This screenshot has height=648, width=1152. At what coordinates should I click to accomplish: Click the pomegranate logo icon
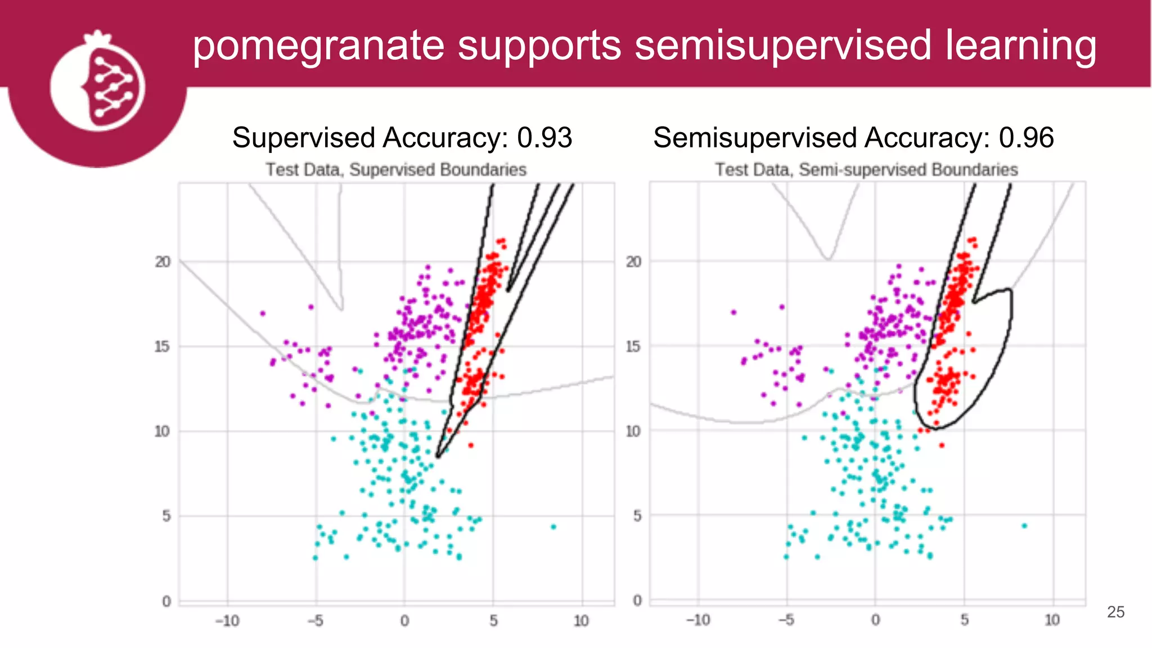(x=97, y=84)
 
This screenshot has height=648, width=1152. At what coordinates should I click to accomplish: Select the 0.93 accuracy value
(x=544, y=138)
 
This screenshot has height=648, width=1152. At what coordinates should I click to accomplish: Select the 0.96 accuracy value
(x=1026, y=138)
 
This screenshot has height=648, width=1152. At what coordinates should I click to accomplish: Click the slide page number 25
(x=1115, y=612)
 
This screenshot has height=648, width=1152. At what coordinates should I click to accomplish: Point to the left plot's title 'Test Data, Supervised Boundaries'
(x=396, y=170)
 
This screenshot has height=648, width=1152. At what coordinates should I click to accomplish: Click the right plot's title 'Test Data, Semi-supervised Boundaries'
(x=866, y=170)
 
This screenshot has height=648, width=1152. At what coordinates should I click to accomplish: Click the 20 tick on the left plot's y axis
(x=163, y=262)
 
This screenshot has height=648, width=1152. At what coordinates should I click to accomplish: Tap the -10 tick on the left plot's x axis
(x=227, y=621)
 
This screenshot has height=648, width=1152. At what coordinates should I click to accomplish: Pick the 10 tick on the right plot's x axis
(x=1052, y=620)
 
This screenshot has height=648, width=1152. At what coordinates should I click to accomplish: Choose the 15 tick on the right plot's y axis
(x=633, y=346)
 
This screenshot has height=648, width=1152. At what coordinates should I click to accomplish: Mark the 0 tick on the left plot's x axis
(x=404, y=621)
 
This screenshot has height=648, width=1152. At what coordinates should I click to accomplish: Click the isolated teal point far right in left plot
(x=553, y=527)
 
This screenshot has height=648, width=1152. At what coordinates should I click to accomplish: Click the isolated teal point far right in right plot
(x=1024, y=526)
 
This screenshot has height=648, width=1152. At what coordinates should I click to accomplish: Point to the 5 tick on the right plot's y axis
(x=637, y=516)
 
